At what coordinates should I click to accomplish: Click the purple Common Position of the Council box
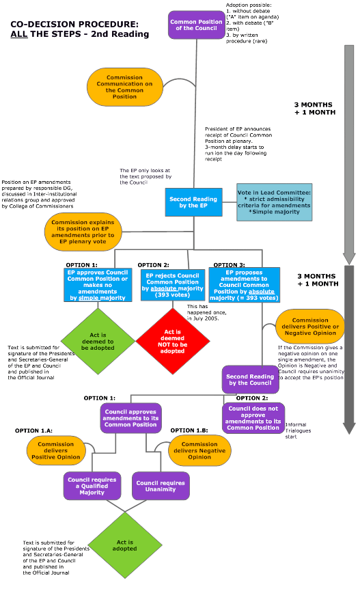click(197, 25)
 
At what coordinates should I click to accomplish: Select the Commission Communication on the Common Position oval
click(125, 87)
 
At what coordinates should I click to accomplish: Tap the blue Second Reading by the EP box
click(193, 202)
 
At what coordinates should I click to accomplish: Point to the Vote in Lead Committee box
click(275, 202)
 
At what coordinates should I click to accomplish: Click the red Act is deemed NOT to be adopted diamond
click(173, 342)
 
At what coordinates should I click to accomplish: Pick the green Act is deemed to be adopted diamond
click(98, 342)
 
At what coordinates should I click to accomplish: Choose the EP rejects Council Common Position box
click(173, 285)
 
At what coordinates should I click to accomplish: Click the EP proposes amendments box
click(244, 285)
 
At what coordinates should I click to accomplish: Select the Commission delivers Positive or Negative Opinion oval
click(310, 327)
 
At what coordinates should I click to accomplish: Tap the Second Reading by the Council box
click(250, 380)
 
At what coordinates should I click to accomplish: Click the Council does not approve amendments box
click(253, 418)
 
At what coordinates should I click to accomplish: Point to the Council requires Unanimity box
click(161, 486)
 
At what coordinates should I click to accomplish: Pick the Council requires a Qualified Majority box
click(92, 486)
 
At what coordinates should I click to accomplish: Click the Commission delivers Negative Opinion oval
click(199, 451)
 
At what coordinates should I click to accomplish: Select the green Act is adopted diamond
click(125, 545)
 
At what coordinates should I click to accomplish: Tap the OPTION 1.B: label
click(189, 430)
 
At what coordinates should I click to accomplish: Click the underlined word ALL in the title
click(19, 34)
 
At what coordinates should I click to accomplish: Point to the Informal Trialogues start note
click(298, 430)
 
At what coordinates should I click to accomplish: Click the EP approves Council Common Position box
click(98, 285)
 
